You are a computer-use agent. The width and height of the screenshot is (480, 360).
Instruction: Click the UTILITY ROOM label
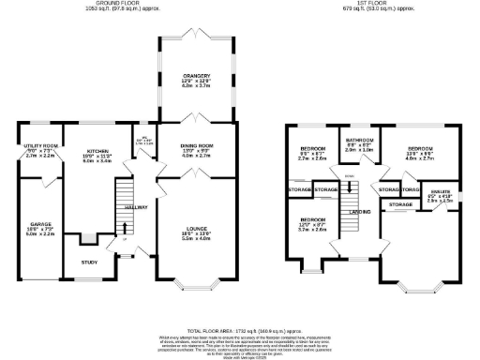pyautogui.click(x=41, y=145)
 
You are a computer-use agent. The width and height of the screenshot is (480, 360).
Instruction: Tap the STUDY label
pyautogui.click(x=89, y=262)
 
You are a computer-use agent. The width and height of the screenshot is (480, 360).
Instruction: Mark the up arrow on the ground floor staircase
pyautogui.click(x=122, y=228)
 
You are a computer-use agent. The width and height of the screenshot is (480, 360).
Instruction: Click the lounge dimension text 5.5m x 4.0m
pyautogui.click(x=196, y=239)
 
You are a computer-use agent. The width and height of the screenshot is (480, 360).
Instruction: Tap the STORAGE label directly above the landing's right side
pyautogui.click(x=401, y=203)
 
